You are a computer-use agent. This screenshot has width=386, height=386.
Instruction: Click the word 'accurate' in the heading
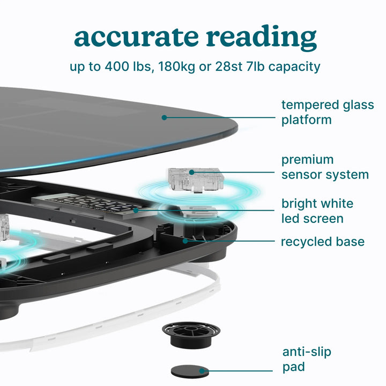(x=136, y=36)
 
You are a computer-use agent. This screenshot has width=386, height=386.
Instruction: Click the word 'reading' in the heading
(x=261, y=38)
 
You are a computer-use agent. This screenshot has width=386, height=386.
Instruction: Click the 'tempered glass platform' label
(x=328, y=112)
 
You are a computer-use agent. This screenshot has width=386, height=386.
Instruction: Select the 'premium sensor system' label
(x=325, y=167)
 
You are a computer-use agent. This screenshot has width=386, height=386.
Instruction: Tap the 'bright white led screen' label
(x=317, y=211)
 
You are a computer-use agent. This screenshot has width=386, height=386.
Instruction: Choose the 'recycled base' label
(x=323, y=242)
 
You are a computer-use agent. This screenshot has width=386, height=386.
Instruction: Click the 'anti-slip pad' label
(x=307, y=360)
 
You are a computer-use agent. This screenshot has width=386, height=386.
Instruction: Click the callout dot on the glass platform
(x=164, y=117)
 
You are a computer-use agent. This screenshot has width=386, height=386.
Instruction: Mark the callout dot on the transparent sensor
(x=192, y=172)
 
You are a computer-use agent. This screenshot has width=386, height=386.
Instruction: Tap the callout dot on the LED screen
(x=136, y=211)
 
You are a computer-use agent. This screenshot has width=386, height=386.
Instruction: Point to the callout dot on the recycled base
(x=185, y=241)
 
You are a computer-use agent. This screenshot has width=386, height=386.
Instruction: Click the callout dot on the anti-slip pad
(x=202, y=371)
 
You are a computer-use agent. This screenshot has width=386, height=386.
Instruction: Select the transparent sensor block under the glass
(x=196, y=180)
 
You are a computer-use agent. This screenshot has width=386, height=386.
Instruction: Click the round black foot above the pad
(x=191, y=335)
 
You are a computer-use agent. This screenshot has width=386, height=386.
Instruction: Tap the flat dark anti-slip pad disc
(x=190, y=372)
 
